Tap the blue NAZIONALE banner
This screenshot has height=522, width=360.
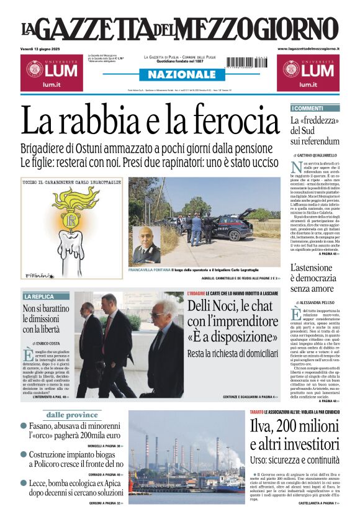[178, 74]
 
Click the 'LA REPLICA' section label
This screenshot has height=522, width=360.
[39, 297]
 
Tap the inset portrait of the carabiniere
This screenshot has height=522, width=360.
[146, 245]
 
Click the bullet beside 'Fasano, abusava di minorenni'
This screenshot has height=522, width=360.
[24, 426]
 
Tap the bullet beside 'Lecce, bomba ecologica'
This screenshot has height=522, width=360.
[24, 483]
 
